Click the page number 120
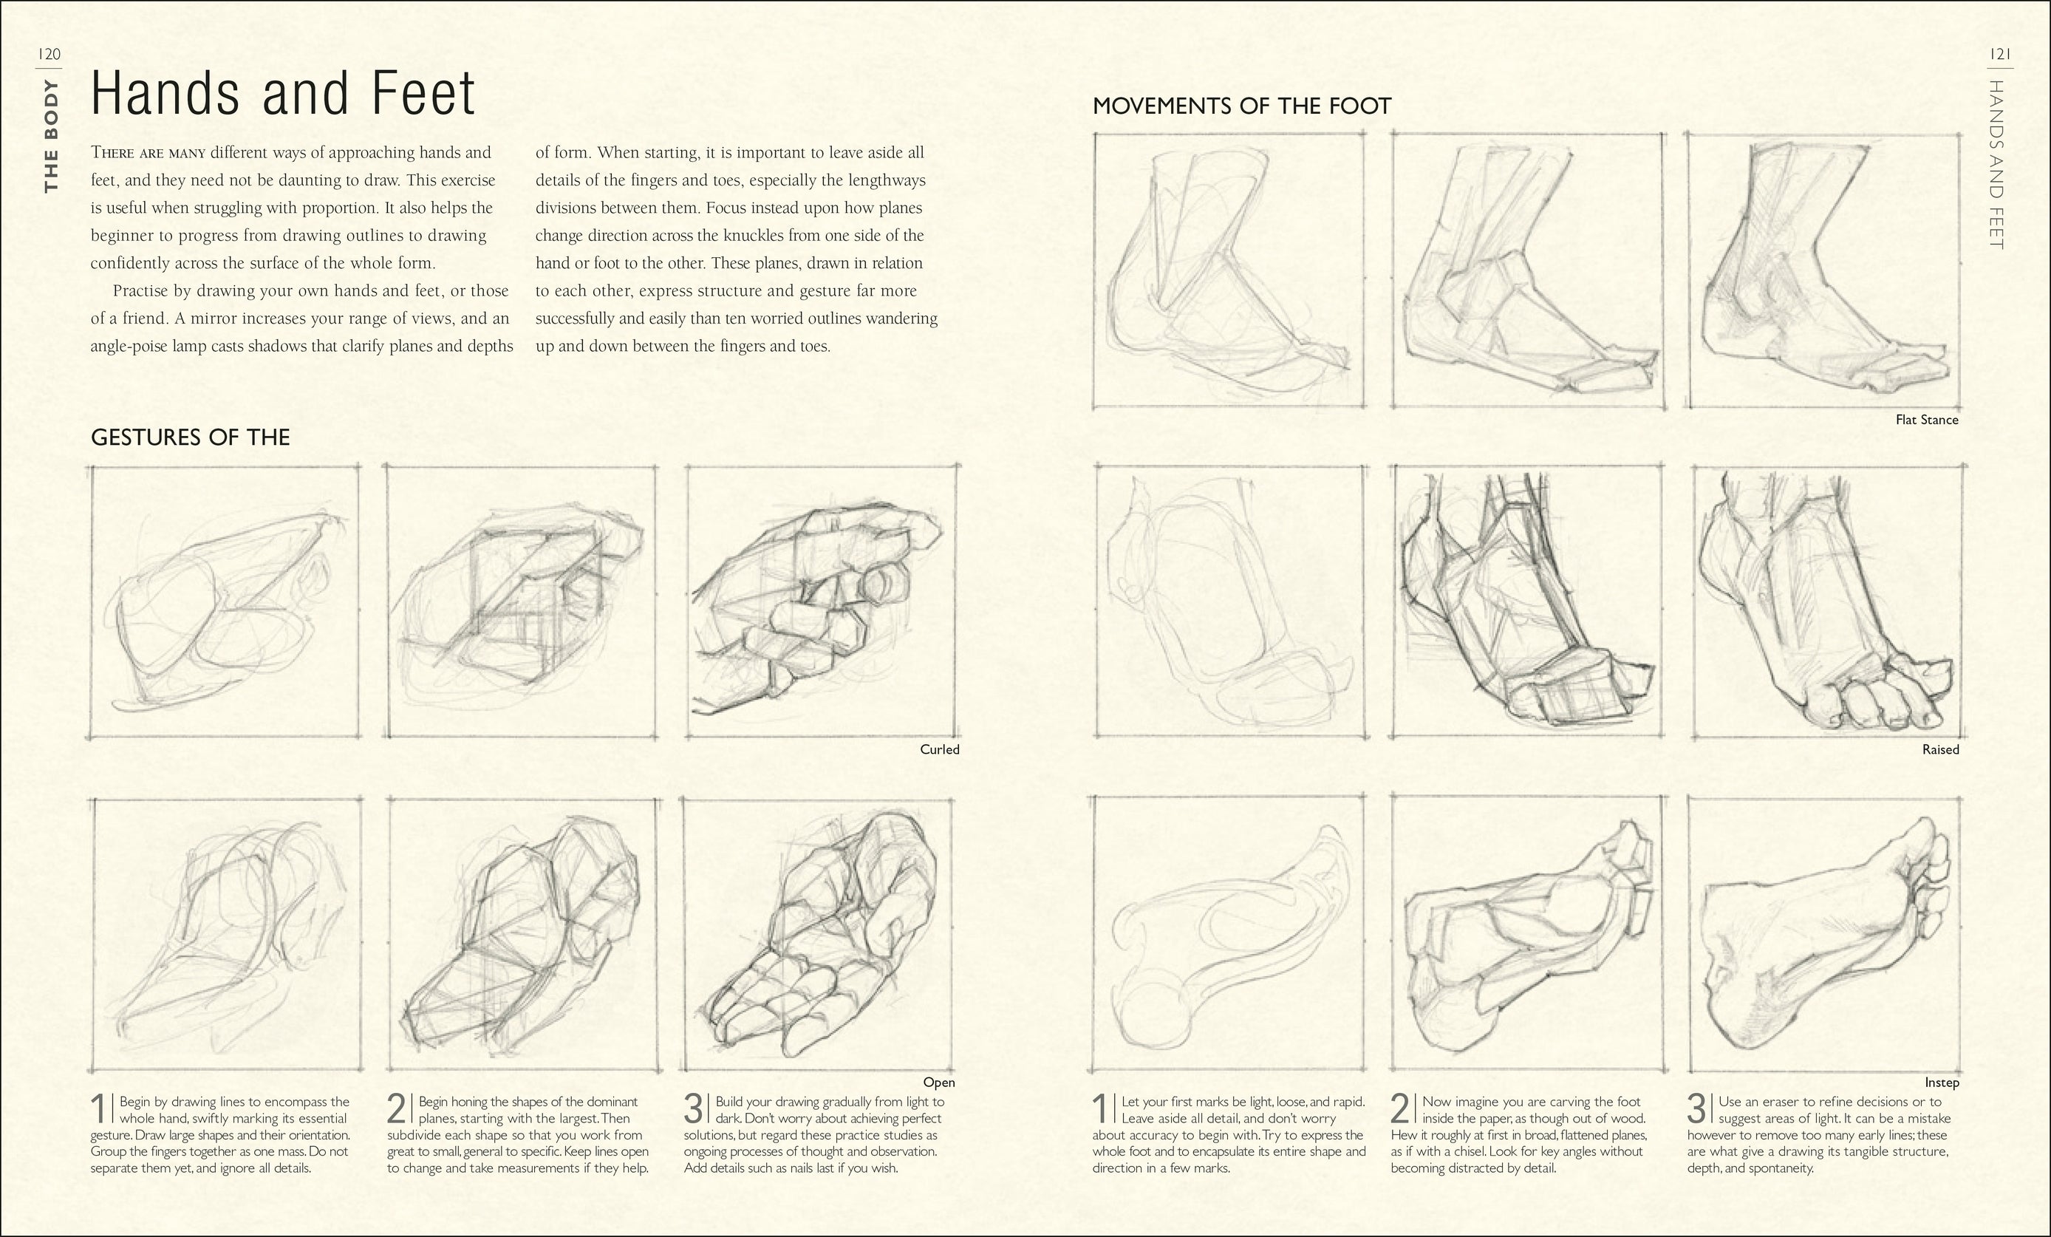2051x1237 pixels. [49, 55]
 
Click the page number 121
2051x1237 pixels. [2000, 55]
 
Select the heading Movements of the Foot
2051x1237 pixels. [1241, 106]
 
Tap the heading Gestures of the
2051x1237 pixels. [190, 438]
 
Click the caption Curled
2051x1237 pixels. [939, 749]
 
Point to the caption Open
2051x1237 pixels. [938, 1082]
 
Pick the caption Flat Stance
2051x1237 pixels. [1926, 420]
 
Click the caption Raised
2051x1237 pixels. [1939, 749]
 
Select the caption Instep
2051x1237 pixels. [1941, 1082]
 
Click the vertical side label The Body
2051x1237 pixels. [52, 136]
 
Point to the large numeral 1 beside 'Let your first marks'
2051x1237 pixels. [1100, 1110]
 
